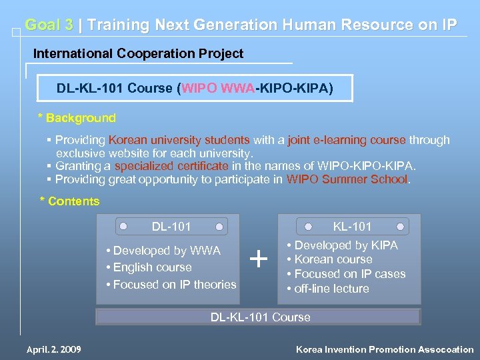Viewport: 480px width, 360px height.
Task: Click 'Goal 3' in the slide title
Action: tap(49, 25)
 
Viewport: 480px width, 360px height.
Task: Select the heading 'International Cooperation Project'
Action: tap(139, 53)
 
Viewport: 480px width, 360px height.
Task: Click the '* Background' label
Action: tap(77, 118)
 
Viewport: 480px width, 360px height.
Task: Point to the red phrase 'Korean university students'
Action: tap(179, 140)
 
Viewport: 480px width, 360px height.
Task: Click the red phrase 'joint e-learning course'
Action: tap(347, 140)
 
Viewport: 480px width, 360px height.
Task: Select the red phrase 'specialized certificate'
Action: tap(171, 166)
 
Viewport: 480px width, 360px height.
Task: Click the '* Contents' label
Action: tap(70, 201)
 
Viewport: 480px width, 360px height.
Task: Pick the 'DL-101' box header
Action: tap(171, 227)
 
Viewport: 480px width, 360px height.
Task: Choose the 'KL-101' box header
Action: tap(353, 227)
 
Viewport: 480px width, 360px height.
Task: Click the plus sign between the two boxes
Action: tap(259, 258)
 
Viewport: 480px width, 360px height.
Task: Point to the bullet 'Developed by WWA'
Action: tap(167, 251)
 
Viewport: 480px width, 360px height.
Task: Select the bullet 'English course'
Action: tap(152, 267)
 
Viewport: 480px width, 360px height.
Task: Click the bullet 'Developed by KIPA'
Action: tap(345, 245)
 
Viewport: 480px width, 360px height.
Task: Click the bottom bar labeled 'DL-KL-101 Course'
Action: tap(259, 317)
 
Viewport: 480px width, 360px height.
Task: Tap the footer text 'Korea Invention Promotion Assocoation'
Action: tap(385, 349)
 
